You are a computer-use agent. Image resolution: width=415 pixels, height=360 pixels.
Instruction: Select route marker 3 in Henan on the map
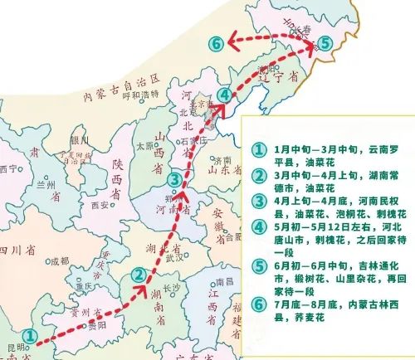pos(173,180)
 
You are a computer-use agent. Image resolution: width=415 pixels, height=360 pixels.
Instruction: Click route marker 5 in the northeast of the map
pos(325,42)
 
